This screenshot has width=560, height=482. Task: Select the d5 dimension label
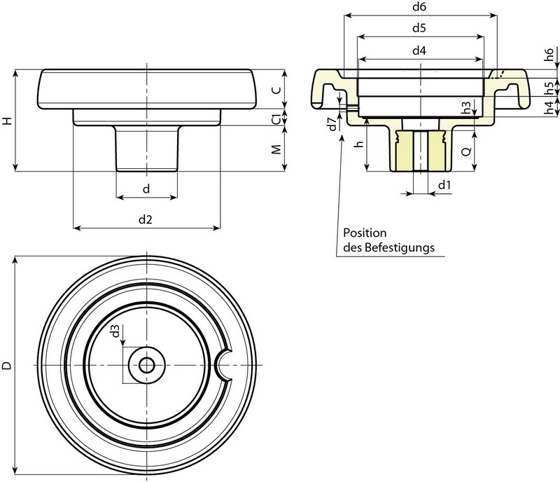420,29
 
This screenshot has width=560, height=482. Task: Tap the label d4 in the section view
420,50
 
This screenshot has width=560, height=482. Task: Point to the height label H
8,120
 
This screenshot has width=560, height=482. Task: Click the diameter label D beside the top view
8,365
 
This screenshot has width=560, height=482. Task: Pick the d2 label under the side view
145,219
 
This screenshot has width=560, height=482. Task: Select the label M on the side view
276,149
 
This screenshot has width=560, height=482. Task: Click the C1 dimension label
276,117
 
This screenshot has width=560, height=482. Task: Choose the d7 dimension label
332,124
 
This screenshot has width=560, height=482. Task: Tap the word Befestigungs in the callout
402,247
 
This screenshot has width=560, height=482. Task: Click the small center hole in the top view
146,365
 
